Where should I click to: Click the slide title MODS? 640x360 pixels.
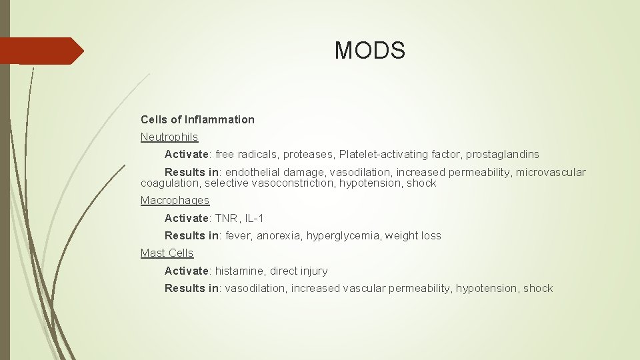pyautogui.click(x=369, y=50)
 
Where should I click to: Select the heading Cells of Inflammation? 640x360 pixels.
pyautogui.click(x=197, y=120)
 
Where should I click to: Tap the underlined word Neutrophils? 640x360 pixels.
pyautogui.click(x=169, y=137)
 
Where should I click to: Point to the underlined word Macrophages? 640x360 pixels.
pyautogui.click(x=175, y=201)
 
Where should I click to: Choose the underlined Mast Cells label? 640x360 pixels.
pyautogui.click(x=167, y=253)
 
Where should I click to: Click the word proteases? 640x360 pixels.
pyautogui.click(x=307, y=155)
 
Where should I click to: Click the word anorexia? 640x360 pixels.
pyautogui.click(x=279, y=235)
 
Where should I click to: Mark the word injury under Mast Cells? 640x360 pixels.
pyautogui.click(x=314, y=271)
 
